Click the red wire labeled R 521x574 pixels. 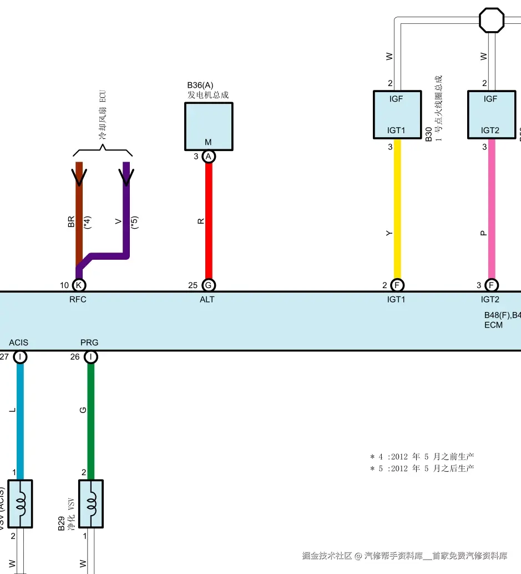(x=209, y=220)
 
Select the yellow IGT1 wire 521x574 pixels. (x=397, y=209)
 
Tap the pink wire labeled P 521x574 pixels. (x=492, y=209)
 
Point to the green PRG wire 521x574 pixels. (x=91, y=421)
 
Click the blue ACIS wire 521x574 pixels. (x=20, y=421)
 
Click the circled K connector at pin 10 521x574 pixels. (x=79, y=285)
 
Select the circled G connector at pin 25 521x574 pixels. (x=209, y=285)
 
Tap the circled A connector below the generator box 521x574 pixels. (x=209, y=157)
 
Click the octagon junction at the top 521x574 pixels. (x=492, y=20)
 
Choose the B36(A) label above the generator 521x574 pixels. (x=200, y=85)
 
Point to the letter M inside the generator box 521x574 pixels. (x=208, y=142)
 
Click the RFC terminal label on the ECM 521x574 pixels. (x=78, y=299)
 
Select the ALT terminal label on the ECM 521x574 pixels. (x=207, y=299)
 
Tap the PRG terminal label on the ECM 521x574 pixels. (x=89, y=343)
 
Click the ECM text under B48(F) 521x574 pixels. (x=493, y=325)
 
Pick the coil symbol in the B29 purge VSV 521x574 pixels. (x=91, y=504)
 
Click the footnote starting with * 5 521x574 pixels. (x=422, y=468)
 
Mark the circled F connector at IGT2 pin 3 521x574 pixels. (x=492, y=285)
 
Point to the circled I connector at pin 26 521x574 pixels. (x=91, y=356)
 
